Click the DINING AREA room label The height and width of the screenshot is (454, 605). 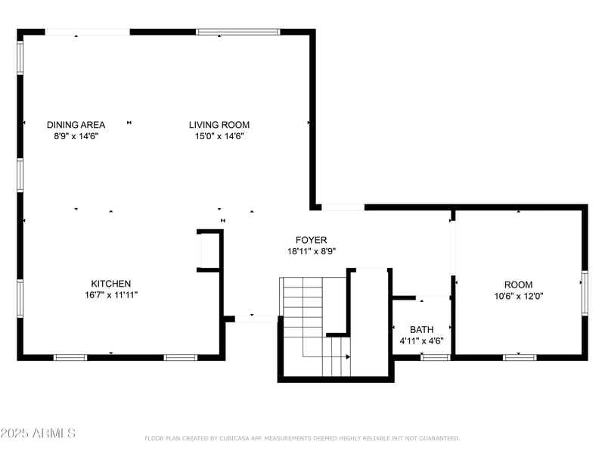(76, 125)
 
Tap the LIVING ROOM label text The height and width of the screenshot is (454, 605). (219, 125)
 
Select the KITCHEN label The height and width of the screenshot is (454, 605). (111, 284)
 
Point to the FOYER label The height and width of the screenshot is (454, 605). (312, 240)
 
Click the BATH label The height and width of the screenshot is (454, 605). (421, 329)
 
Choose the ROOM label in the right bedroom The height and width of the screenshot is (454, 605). (518, 285)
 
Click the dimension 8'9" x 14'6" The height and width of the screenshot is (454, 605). (76, 136)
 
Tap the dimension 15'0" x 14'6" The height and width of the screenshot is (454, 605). (219, 136)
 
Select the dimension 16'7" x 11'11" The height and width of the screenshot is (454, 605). (111, 295)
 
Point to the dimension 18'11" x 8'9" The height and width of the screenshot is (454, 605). (312, 251)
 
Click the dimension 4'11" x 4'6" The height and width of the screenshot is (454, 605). (421, 340)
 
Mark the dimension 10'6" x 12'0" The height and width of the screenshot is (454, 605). (518, 296)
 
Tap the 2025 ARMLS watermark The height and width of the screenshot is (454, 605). (38, 434)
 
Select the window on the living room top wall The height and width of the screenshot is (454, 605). (237, 32)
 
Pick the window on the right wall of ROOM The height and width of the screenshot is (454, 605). (584, 293)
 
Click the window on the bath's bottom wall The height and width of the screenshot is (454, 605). (436, 356)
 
